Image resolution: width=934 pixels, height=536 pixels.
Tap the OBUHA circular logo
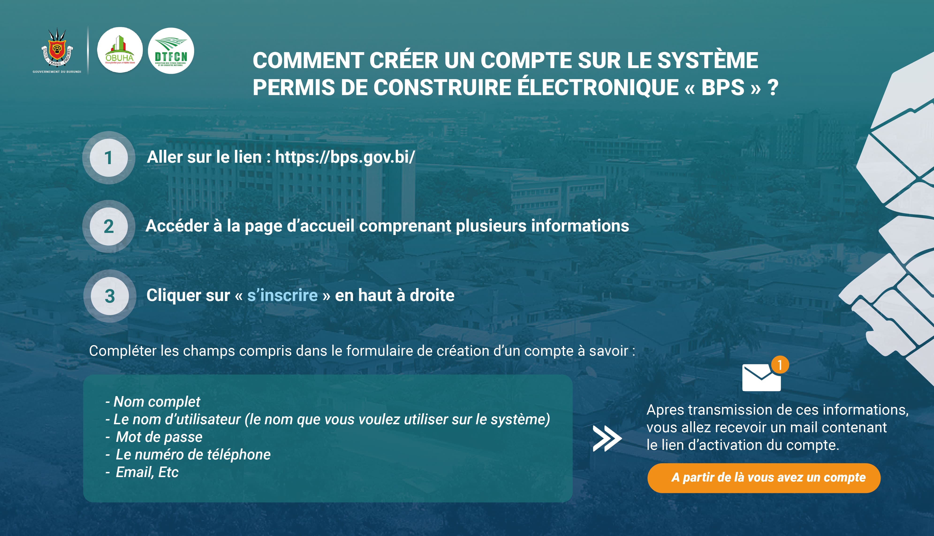tap(120, 50)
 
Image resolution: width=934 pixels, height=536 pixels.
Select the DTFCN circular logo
tap(171, 51)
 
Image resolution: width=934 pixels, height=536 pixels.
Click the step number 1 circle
tap(108, 158)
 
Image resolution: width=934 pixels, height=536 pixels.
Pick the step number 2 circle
tap(108, 226)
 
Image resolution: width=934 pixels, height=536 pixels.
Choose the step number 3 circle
tap(110, 296)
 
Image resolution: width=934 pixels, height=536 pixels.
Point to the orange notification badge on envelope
tap(780, 365)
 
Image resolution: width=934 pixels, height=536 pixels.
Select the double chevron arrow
tap(607, 438)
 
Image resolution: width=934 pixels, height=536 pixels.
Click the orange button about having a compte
tap(764, 478)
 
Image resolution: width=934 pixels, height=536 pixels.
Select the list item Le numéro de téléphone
tap(188, 455)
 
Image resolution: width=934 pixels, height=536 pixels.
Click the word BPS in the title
tap(723, 88)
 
